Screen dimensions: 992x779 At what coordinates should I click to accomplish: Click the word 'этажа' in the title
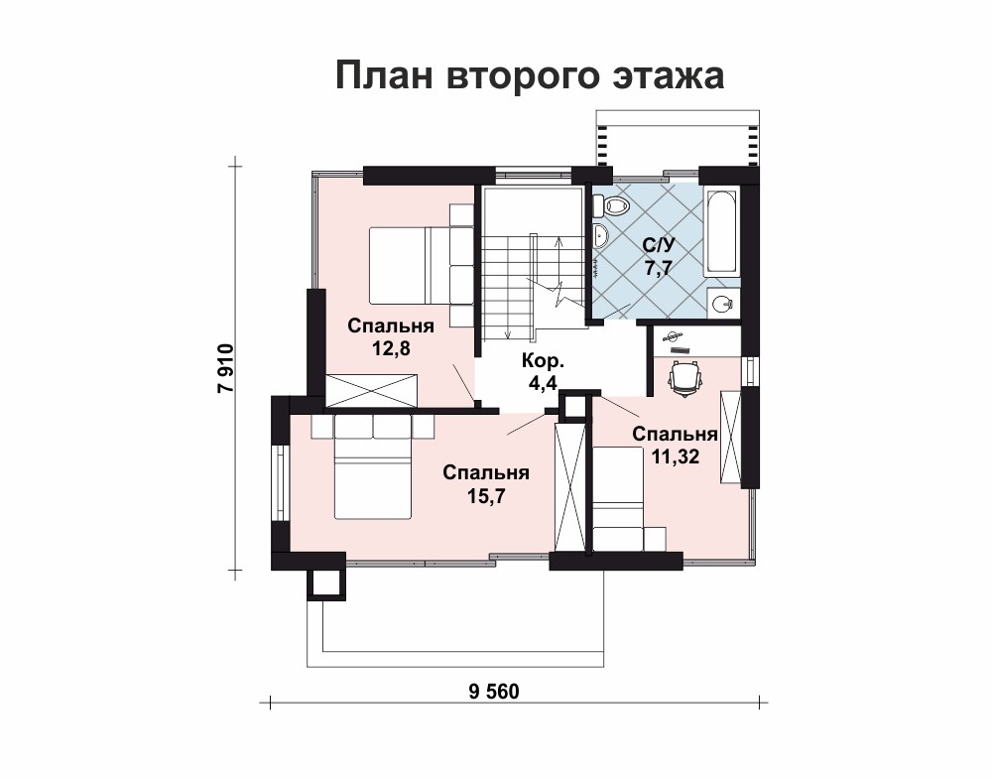pyautogui.click(x=669, y=76)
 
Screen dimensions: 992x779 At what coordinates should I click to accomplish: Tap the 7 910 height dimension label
pyautogui.click(x=226, y=368)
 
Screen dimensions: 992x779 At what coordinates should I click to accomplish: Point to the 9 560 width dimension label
pyautogui.click(x=494, y=692)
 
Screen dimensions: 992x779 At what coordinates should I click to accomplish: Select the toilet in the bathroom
pyautogui.click(x=612, y=204)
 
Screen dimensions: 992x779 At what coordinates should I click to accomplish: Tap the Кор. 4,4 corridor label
pyautogui.click(x=543, y=372)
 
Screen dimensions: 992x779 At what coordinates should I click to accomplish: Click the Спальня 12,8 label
pyautogui.click(x=391, y=337)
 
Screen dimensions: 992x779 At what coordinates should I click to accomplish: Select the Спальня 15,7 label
pyautogui.click(x=486, y=484)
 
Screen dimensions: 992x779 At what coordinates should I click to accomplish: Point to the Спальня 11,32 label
pyautogui.click(x=675, y=446)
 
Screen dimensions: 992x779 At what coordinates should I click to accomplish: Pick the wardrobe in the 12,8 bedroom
pyautogui.click(x=372, y=390)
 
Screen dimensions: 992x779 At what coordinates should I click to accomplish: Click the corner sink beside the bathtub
pyautogui.click(x=722, y=305)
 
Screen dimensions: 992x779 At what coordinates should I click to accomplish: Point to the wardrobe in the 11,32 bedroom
pyautogui.click(x=730, y=438)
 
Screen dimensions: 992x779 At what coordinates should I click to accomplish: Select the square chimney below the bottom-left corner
pyautogui.click(x=326, y=584)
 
